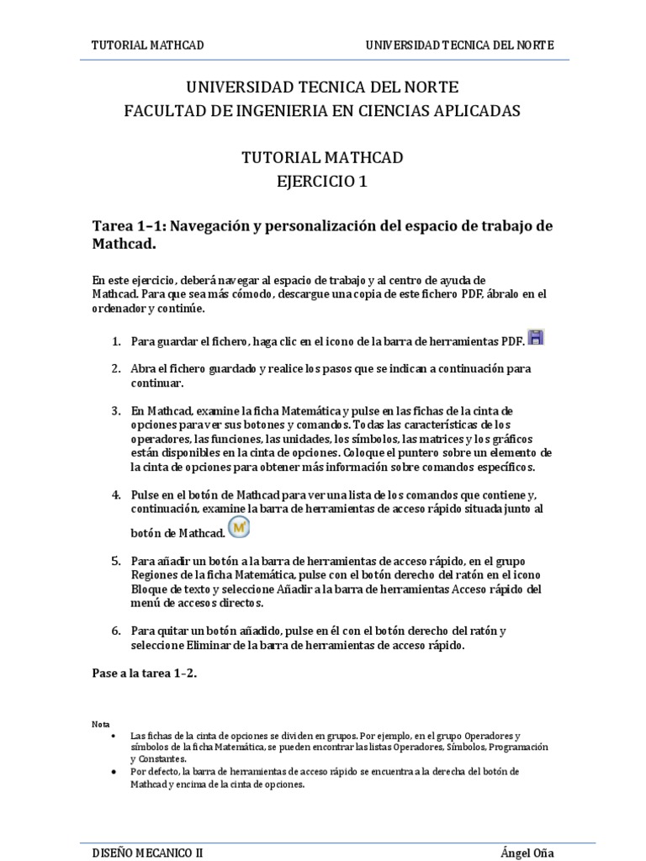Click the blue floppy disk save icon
[535, 337]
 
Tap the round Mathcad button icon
[240, 529]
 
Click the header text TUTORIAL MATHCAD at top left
[147, 45]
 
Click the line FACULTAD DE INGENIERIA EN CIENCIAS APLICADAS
[322, 110]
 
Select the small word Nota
[99, 724]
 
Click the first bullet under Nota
[114, 735]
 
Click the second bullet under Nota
[114, 771]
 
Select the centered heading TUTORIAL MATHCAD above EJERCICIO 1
[323, 156]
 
